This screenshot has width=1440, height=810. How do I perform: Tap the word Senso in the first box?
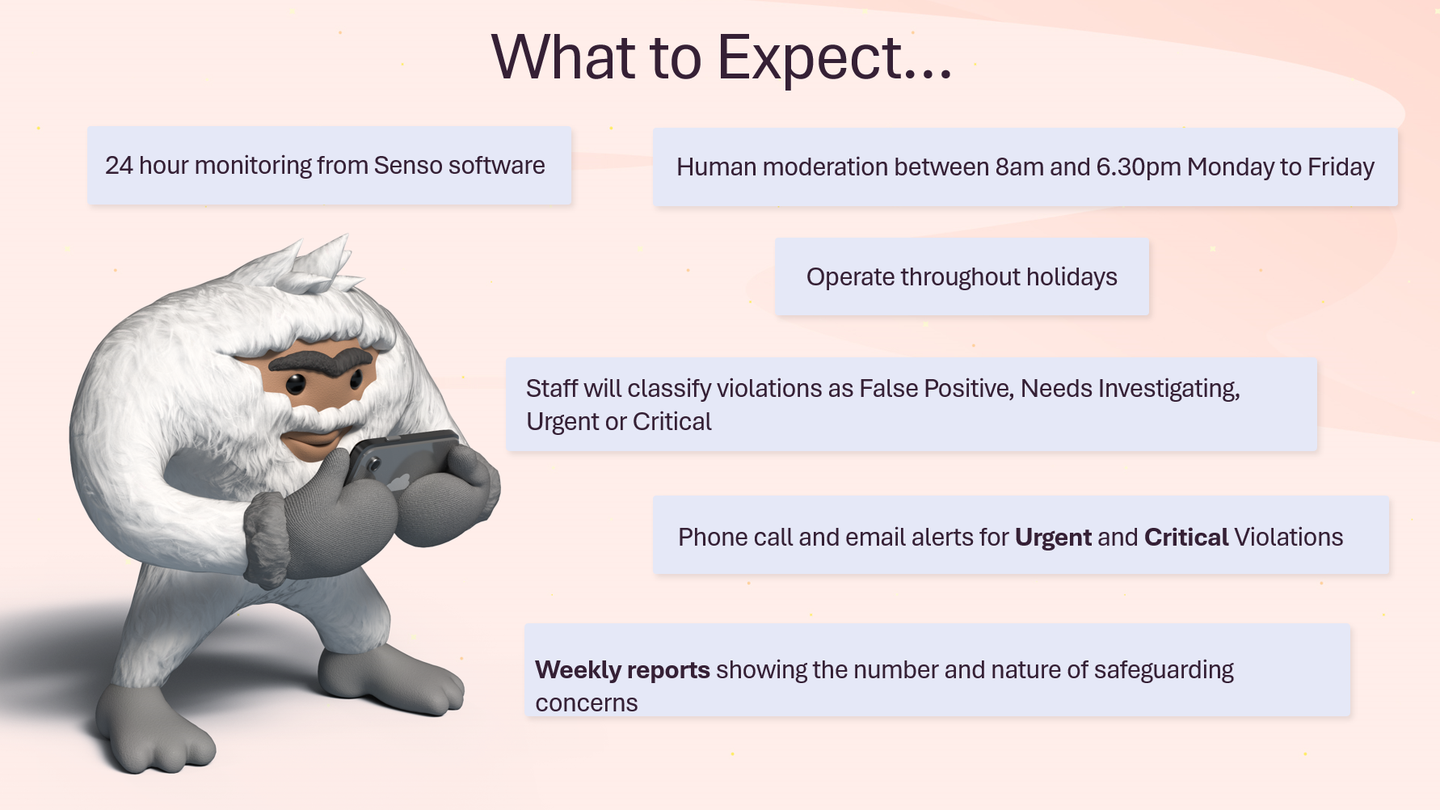point(408,165)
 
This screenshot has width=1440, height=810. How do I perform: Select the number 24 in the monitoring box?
point(119,165)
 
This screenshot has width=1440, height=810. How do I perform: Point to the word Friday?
point(1341,167)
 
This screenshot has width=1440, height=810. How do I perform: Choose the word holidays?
point(1072,277)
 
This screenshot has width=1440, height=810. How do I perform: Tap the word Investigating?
point(1168,389)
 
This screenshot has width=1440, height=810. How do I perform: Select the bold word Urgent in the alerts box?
point(1053,538)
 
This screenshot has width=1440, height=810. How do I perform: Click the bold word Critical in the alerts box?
point(1186,538)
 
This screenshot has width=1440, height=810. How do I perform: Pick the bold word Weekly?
point(578,670)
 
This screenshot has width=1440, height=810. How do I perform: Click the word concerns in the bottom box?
point(587,703)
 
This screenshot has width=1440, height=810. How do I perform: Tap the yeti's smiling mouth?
point(313,440)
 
